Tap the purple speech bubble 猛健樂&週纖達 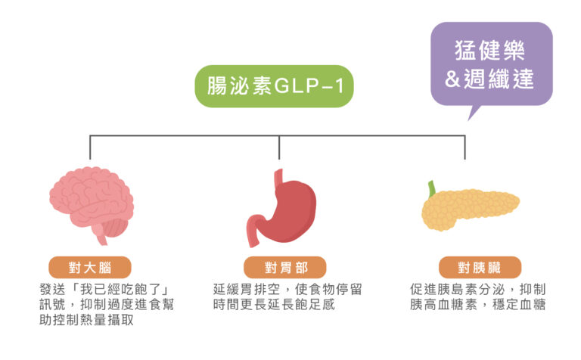pos(491,65)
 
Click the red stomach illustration pos(280,204)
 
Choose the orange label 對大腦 pos(90,267)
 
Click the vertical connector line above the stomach pos(279,147)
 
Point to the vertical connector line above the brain pos(90,147)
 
